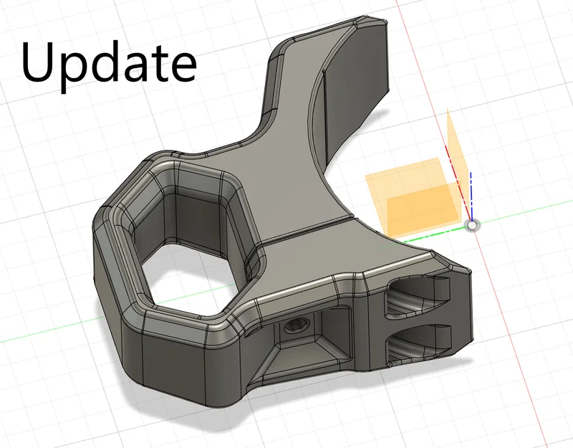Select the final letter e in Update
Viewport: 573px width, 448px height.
(183, 67)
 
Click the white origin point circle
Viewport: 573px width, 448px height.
(472, 225)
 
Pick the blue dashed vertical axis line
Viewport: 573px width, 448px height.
(471, 196)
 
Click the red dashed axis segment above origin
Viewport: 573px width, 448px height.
(457, 182)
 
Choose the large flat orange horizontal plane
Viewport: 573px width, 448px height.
(413, 198)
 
